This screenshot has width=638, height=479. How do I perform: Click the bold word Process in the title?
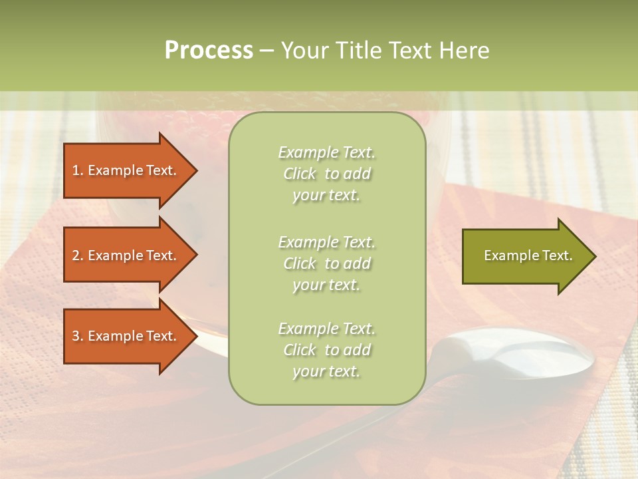click(x=209, y=51)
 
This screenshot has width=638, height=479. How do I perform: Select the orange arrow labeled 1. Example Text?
click(x=126, y=170)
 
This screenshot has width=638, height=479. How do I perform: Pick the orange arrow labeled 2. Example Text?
click(x=126, y=255)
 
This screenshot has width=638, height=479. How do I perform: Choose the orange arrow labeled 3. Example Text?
click(x=126, y=336)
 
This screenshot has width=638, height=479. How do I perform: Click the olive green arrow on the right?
click(x=525, y=256)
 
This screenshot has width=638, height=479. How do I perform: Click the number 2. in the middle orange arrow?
click(x=78, y=255)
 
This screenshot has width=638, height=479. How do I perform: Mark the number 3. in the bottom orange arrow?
click(x=78, y=336)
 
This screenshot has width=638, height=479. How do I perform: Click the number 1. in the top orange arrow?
click(x=78, y=170)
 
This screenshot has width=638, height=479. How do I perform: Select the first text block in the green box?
click(x=326, y=174)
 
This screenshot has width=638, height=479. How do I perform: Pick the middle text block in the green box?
click(x=326, y=263)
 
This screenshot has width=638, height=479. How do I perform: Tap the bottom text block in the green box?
click(x=326, y=350)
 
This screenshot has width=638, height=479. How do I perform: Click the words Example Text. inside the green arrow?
click(x=528, y=255)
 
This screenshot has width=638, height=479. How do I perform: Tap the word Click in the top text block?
click(x=300, y=174)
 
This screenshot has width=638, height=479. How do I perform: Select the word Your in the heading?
click(x=304, y=51)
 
